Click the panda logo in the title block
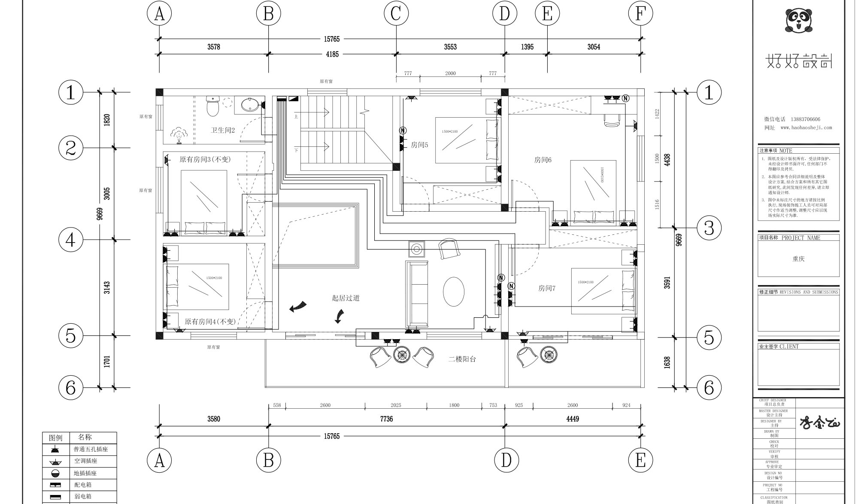[x=799, y=21]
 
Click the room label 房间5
[x=419, y=145]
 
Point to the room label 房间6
[x=543, y=160]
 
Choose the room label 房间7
[x=547, y=288]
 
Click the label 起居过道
[x=346, y=298]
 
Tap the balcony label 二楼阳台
[x=462, y=359]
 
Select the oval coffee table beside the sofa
[x=454, y=291]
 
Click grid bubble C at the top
[x=396, y=13]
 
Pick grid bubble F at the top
[x=640, y=13]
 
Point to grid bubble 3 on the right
[x=709, y=228]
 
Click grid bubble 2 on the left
[x=71, y=148]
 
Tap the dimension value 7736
[x=386, y=419]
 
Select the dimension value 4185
[x=332, y=55]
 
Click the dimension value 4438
[x=667, y=160]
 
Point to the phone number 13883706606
[x=805, y=119]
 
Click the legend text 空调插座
[x=86, y=461]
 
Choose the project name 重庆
[x=798, y=259]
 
